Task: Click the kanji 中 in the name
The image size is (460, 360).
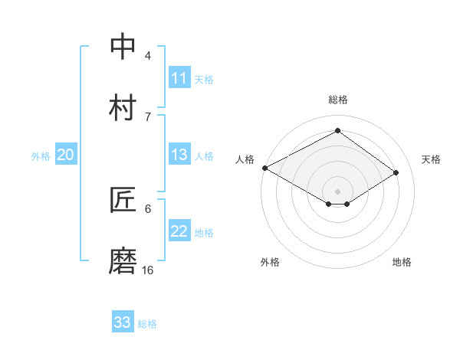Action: pos(123,47)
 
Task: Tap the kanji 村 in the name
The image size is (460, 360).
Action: pos(123,107)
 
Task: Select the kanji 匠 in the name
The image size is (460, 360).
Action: pos(123,200)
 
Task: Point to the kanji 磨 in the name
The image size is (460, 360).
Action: pos(123,260)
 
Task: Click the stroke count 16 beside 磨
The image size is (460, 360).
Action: pos(148,270)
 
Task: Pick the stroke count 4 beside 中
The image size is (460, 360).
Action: pos(148,55)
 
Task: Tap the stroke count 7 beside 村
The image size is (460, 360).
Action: pos(148,116)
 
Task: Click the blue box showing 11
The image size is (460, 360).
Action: pos(179,78)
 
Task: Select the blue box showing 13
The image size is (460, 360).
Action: pos(179,155)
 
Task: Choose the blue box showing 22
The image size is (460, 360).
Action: pos(179,231)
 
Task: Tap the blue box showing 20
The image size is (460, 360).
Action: pos(66,155)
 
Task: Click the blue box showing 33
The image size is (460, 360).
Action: pos(123,322)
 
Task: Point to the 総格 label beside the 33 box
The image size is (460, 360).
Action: pos(147,324)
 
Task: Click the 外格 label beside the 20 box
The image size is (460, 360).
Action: pos(41,156)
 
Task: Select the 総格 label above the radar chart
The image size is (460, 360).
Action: pos(338,100)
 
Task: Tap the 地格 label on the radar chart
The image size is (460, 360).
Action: pos(402,262)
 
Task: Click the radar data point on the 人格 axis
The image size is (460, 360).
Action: pos(264,168)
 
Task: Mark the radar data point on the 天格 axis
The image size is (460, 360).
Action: pos(396,172)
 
